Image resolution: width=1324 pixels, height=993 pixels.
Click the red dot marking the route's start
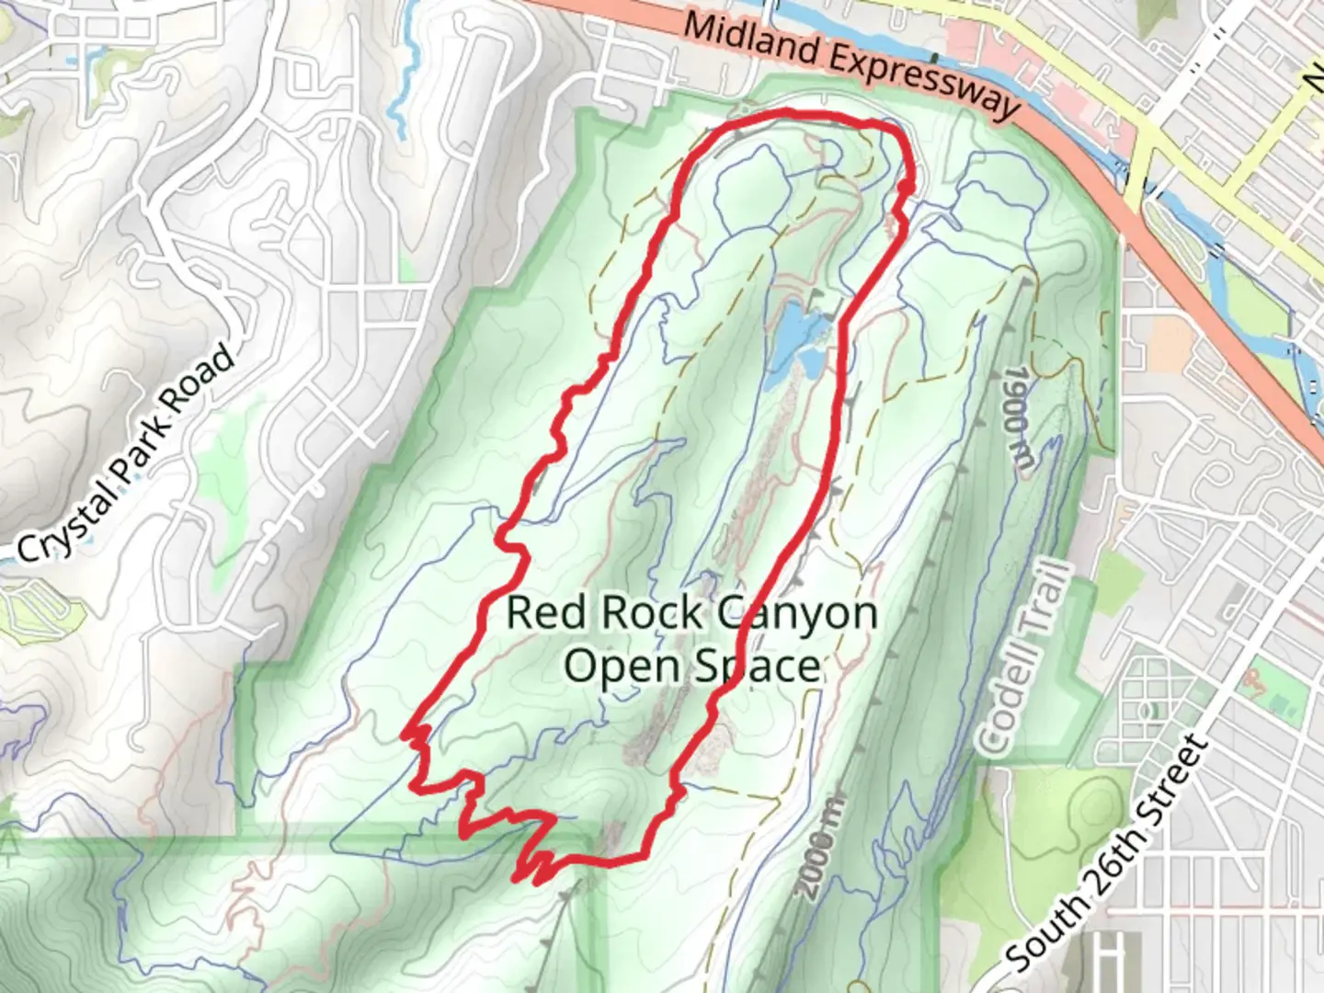(x=906, y=188)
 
